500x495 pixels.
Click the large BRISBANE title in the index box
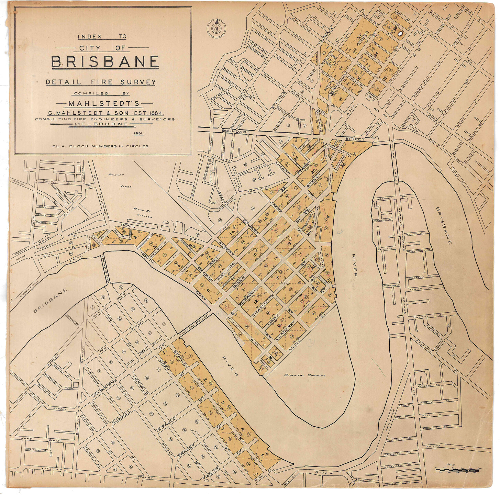[105, 62]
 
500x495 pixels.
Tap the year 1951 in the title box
[139, 134]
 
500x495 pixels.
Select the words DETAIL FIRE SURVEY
[101, 82]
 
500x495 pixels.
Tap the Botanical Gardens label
[304, 375]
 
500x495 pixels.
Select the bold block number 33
[359, 37]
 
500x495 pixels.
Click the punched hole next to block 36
[400, 34]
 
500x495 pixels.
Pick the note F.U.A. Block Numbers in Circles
[100, 146]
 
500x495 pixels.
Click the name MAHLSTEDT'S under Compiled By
[104, 103]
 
